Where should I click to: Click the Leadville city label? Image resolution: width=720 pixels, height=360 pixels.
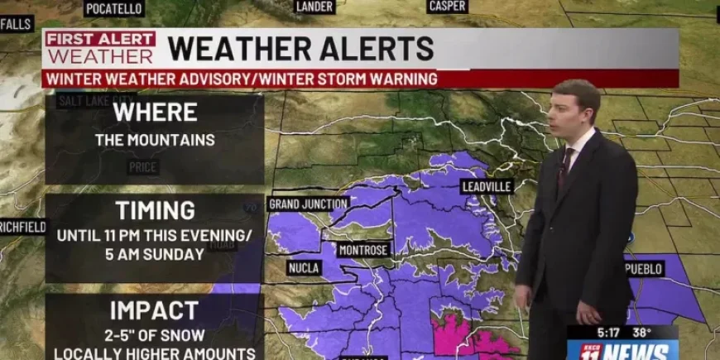coord(487,186)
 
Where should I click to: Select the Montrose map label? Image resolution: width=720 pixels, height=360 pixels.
coord(363,250)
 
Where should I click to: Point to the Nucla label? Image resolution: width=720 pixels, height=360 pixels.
coord(304,268)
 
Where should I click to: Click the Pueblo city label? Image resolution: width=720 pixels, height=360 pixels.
coord(645,269)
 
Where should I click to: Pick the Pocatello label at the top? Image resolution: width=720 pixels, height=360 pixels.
coord(114,8)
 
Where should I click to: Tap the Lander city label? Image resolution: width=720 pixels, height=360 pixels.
coord(314,7)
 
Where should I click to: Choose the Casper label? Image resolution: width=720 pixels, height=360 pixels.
coord(448,7)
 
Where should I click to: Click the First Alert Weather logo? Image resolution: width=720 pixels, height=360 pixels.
coord(100,48)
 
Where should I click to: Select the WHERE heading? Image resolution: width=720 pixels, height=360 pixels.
coord(155,112)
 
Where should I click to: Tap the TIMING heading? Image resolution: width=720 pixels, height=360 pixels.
coord(155,210)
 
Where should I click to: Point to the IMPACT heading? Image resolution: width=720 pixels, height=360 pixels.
coord(155,310)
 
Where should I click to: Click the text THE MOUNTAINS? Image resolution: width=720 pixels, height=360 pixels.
coord(155,140)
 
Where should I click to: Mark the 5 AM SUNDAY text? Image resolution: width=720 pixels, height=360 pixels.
coord(155,255)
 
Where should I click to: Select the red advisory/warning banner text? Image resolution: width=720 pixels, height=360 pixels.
coord(242,79)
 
